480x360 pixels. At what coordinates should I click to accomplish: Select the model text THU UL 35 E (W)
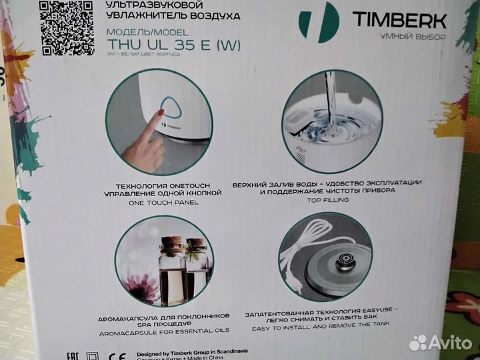(174, 46)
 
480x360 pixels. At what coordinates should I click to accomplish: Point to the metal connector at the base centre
(345, 261)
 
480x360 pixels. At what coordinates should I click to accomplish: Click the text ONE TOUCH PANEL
(161, 202)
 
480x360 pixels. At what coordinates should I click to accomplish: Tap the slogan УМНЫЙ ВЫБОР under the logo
(417, 35)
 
